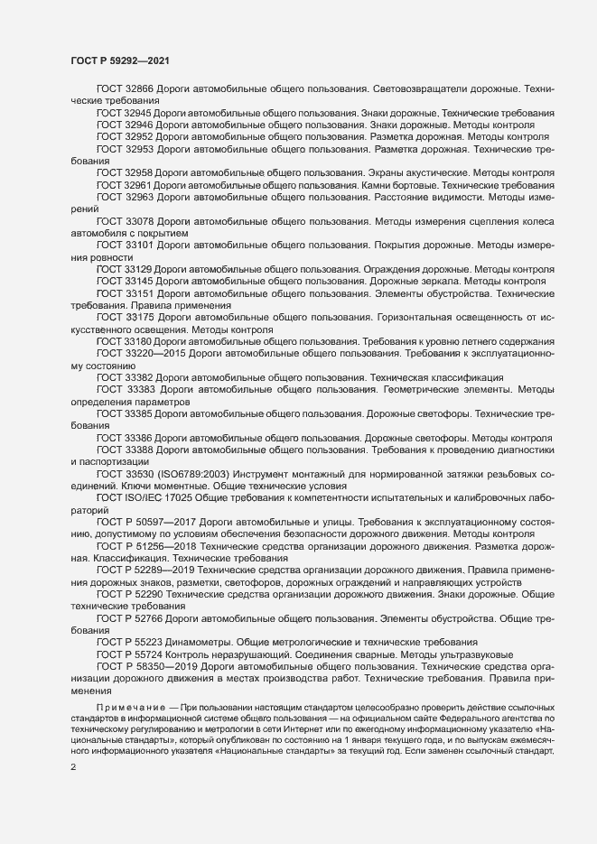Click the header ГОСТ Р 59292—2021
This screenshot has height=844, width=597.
pos(117,60)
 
